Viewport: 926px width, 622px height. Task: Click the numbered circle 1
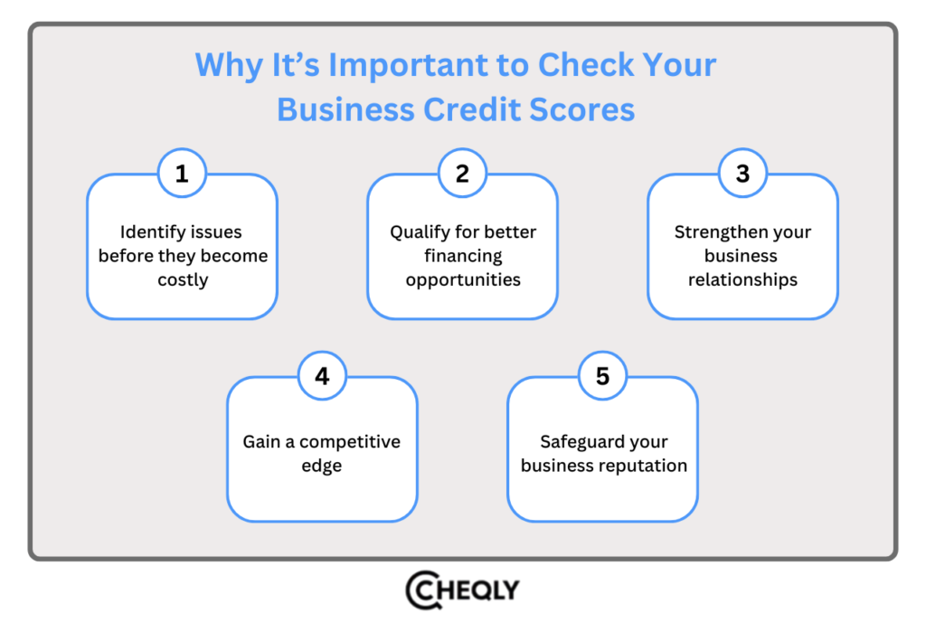182,173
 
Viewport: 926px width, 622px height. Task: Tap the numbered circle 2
462,173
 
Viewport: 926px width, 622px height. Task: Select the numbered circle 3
742,173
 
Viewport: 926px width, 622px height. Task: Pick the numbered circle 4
322,375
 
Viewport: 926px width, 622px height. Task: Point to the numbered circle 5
602,375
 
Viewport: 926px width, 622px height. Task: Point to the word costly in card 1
183,280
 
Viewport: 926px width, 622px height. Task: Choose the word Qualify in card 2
420,232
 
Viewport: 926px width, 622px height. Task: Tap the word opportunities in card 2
463,280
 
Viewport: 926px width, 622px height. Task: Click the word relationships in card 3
742,280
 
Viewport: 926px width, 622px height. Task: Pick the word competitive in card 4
349,442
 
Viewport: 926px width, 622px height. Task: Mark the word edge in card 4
322,466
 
